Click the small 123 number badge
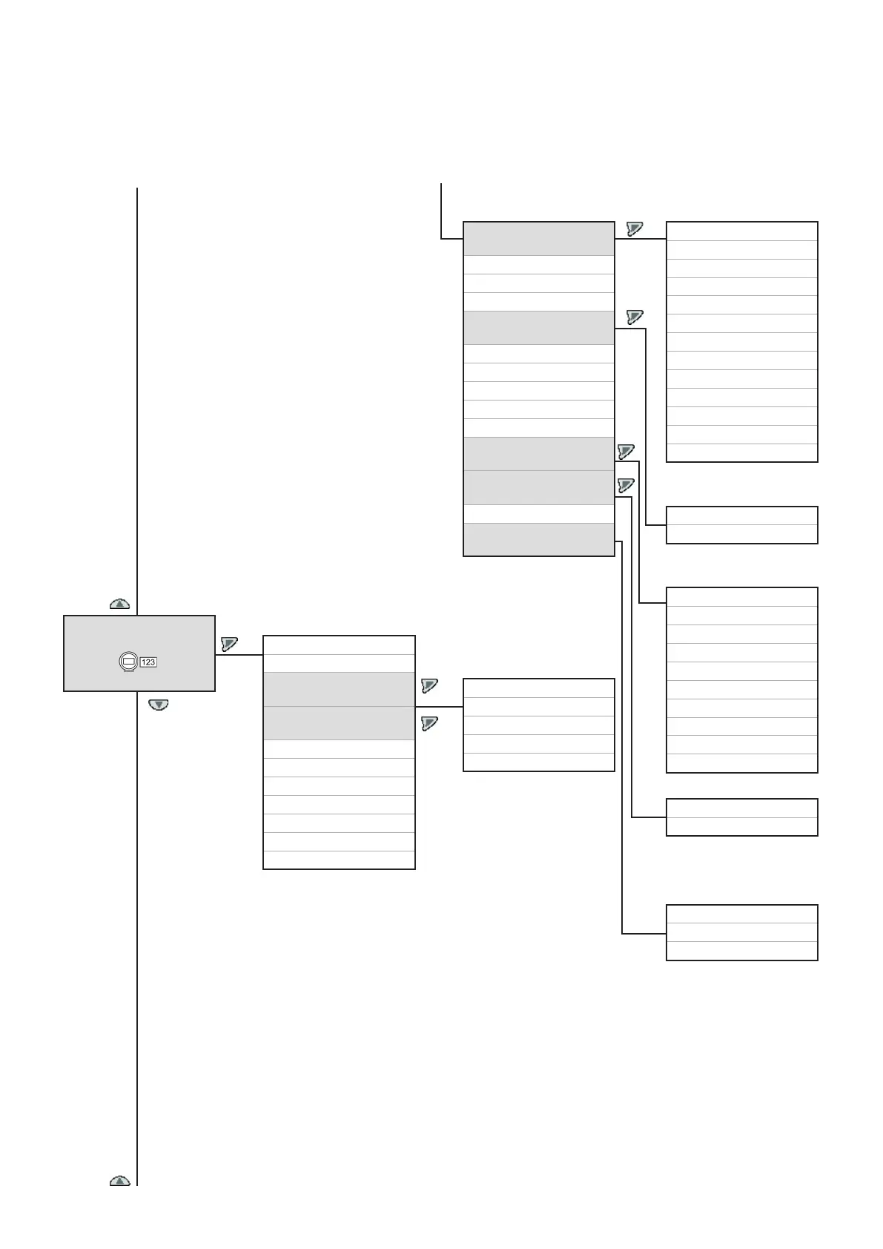pos(148,662)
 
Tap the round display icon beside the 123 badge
pos(128,661)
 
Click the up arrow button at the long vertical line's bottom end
pos(120,1180)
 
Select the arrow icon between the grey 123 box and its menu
pos(229,644)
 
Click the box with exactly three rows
pos(741,932)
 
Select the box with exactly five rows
pos(538,725)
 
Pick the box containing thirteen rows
pos(741,341)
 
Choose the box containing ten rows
pos(741,679)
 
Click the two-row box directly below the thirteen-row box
pos(741,524)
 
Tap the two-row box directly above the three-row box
pos(741,817)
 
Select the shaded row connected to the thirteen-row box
pos(538,238)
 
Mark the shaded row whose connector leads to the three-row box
pos(538,539)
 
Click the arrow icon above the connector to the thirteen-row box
pos(634,228)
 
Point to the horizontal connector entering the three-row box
pos(644,933)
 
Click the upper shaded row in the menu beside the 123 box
pos(339,689)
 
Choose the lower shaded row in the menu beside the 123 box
pos(339,722)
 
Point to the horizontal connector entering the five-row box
pos(439,707)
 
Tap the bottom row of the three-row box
pos(741,951)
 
